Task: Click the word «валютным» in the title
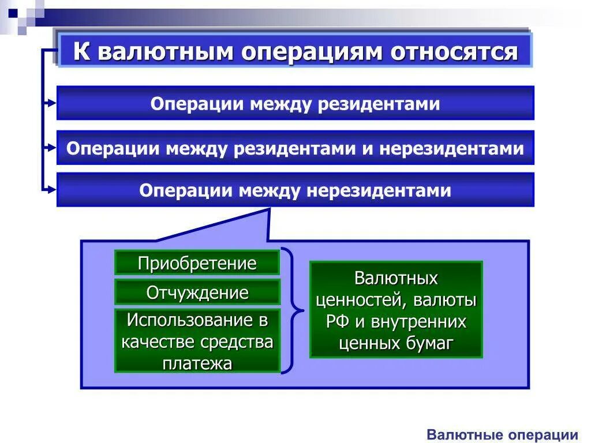[164, 52]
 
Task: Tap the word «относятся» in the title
[454, 52]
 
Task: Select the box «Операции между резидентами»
[295, 104]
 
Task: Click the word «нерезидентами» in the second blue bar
[451, 148]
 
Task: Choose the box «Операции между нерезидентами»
[295, 190]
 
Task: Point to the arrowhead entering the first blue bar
[53, 103]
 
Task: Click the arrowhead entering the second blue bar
[53, 148]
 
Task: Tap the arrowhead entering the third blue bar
[53, 189]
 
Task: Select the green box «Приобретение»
[197, 264]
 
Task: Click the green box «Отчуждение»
[197, 292]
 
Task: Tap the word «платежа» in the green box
[197, 363]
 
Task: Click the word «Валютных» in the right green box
[396, 279]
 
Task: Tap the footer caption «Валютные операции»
[502, 435]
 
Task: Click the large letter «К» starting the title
[82, 52]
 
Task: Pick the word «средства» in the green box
[237, 341]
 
